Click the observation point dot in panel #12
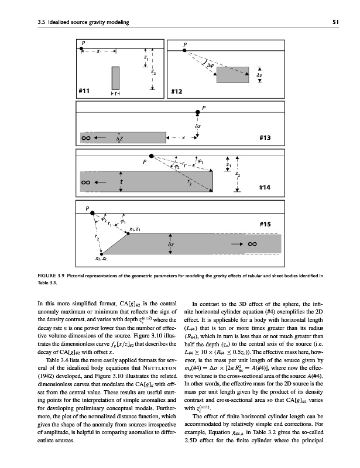(185, 51)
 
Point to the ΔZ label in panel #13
(119, 139)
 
